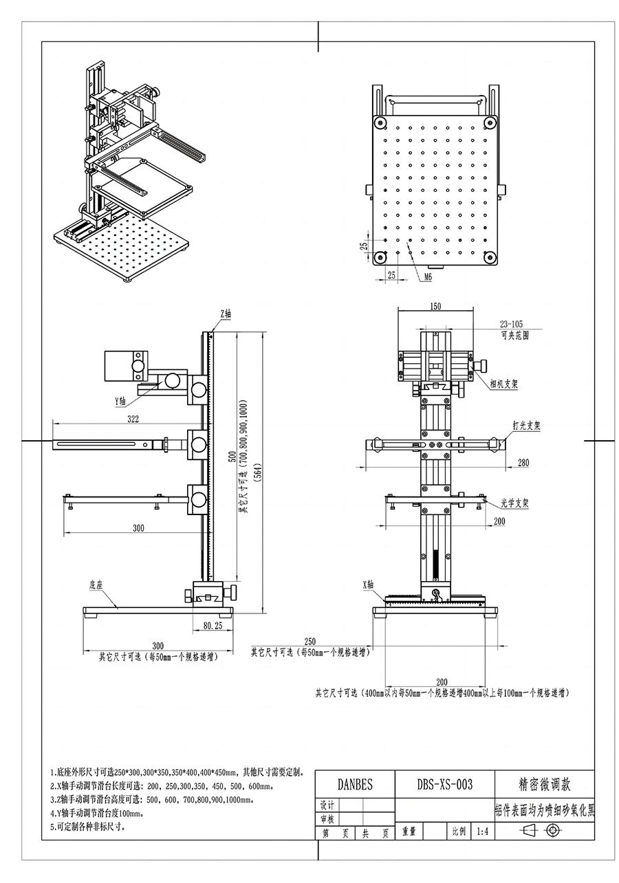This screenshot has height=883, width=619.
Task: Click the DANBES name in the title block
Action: (355, 785)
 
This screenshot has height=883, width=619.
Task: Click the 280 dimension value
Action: (523, 463)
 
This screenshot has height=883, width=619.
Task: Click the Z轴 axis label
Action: (226, 314)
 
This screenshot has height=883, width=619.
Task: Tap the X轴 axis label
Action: (369, 585)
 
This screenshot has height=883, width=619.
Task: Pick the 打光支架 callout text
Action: (525, 426)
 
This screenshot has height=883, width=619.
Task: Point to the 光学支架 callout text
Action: (514, 503)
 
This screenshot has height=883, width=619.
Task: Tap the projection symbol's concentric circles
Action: (552, 831)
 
